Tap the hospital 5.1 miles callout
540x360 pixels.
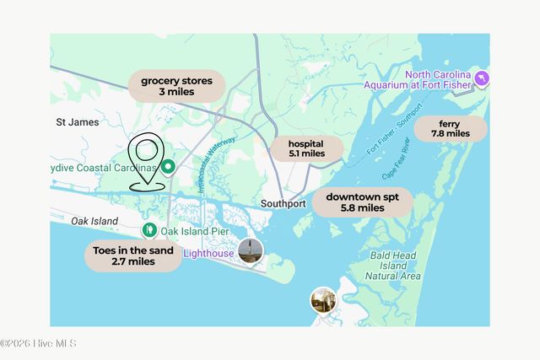305,148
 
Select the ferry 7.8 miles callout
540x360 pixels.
450,128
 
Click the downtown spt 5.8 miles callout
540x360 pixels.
362,201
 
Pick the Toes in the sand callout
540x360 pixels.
133,255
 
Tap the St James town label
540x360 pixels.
78,122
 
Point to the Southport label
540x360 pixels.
282,204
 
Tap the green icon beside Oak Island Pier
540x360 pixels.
148,229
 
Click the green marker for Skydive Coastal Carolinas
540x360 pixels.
168,167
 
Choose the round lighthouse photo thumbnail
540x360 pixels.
249,250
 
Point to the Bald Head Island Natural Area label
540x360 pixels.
392,264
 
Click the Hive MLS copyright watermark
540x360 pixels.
39,343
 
